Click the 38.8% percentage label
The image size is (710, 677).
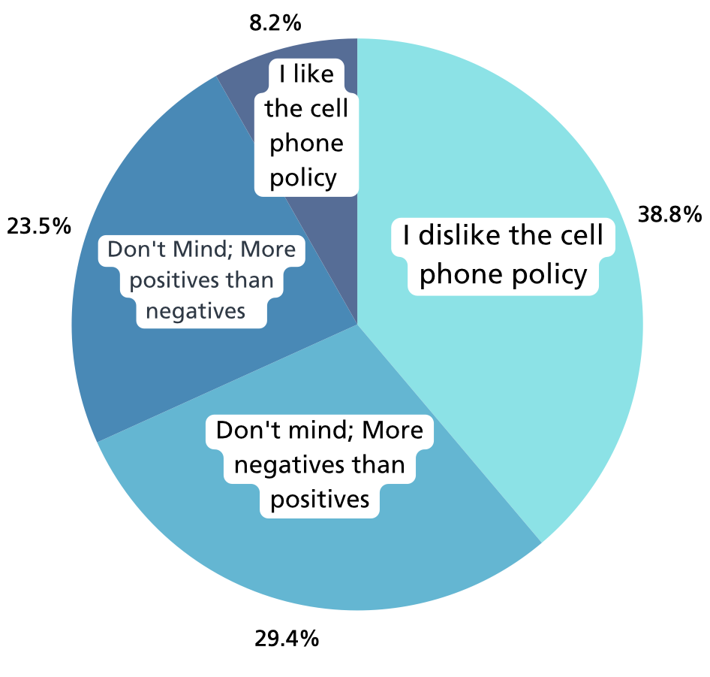click(x=669, y=216)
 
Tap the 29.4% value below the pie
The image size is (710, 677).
click(x=287, y=639)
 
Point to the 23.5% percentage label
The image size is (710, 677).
click(x=39, y=225)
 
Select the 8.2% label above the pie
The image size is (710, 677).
click(x=275, y=23)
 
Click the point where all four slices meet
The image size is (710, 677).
click(x=357, y=325)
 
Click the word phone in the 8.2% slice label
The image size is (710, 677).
click(x=306, y=143)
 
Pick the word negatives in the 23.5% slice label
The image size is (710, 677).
click(x=196, y=310)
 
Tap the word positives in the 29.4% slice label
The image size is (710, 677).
click(x=320, y=498)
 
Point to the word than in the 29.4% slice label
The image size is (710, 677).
click(x=381, y=464)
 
